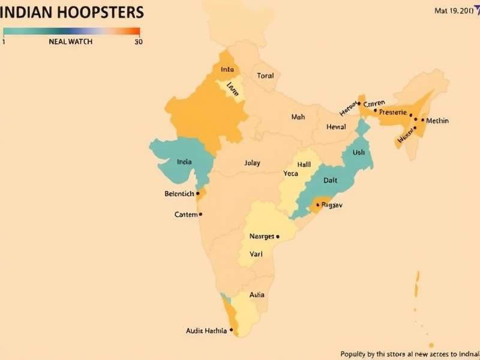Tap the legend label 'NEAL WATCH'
71,42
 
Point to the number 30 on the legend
138,42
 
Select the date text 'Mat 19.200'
454,11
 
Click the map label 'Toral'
265,76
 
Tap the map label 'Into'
227,70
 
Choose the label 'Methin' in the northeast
436,121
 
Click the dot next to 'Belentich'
198,193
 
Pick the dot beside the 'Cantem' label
200,214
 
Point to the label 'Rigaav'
332,205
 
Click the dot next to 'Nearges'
278,236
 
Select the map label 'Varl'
256,254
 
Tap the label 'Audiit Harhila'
206,331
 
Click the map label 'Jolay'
253,163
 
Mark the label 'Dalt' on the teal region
331,180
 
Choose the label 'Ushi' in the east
358,152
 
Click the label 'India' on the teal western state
185,161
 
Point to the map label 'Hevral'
336,127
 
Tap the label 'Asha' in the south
257,295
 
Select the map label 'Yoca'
291,174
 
